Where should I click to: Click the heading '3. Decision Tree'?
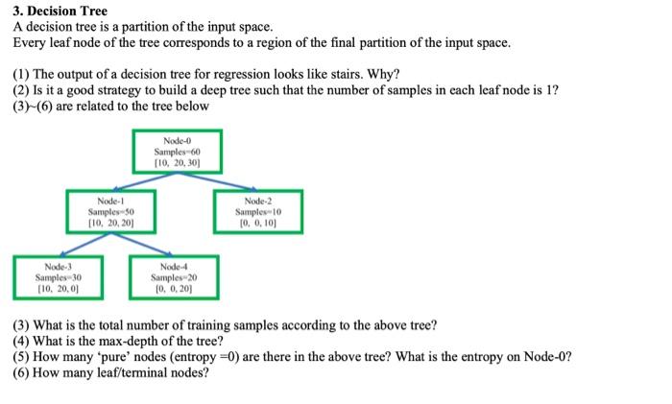coord(60,12)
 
